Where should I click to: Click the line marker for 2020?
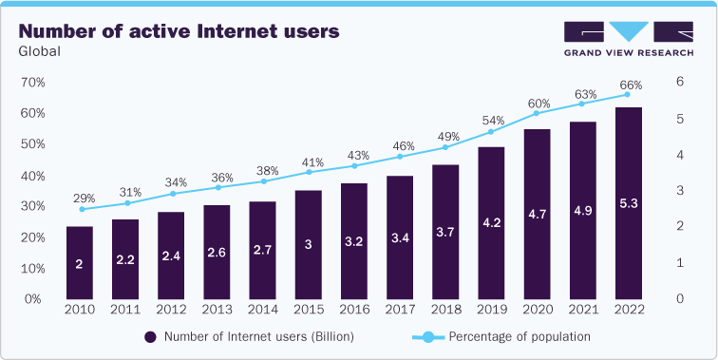click(537, 113)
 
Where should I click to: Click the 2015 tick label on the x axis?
click(308, 309)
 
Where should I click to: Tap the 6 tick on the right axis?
click(679, 83)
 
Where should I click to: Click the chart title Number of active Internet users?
click(178, 31)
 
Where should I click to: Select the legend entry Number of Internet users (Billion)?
click(249, 336)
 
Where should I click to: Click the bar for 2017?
click(399, 237)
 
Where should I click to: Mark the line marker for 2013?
click(217, 187)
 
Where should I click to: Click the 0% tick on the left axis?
click(31, 298)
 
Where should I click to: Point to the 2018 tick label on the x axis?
click(445, 309)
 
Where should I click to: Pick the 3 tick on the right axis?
click(679, 191)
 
